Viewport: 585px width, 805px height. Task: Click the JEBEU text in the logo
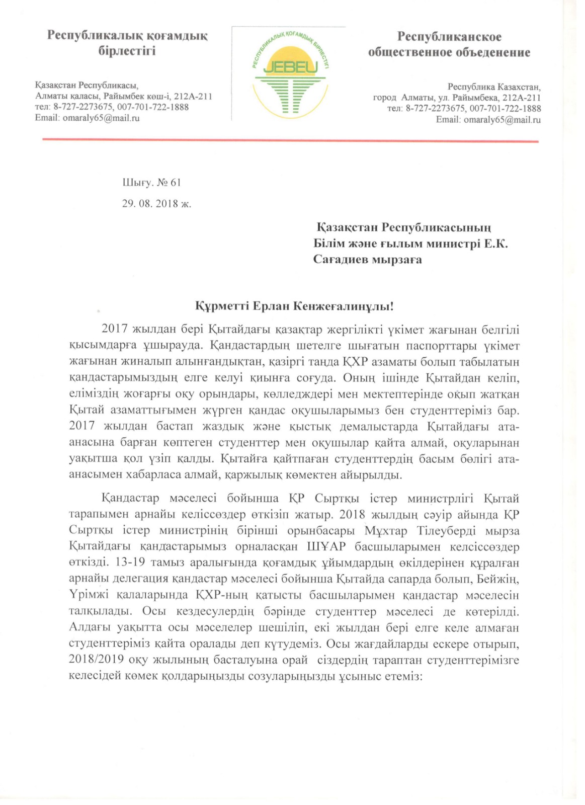tap(290, 67)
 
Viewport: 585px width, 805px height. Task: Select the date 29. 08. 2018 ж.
tap(156, 204)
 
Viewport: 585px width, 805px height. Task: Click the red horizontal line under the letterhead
tap(290, 140)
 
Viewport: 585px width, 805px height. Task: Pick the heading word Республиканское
tap(449, 37)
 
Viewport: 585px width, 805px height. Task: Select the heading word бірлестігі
tap(127, 51)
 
